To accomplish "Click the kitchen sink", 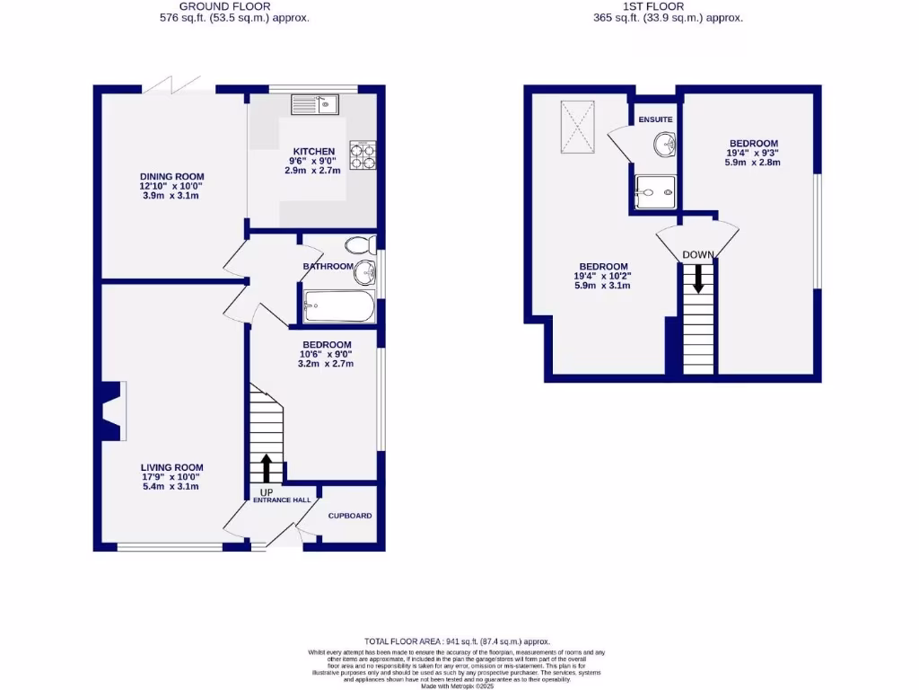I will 312,104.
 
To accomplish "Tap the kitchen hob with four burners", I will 362,156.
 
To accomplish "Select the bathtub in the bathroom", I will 338,308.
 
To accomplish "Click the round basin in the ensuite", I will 664,144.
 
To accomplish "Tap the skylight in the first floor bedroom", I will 577,127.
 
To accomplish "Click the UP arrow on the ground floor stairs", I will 267,468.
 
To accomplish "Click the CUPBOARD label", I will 349,516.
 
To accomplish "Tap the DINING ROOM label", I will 171,176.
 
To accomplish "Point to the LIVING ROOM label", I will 171,467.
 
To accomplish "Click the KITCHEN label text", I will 313,151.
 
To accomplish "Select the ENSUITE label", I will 655,119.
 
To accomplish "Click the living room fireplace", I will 111,411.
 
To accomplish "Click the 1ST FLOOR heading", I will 669,6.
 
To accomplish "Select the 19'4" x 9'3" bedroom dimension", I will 753,154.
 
